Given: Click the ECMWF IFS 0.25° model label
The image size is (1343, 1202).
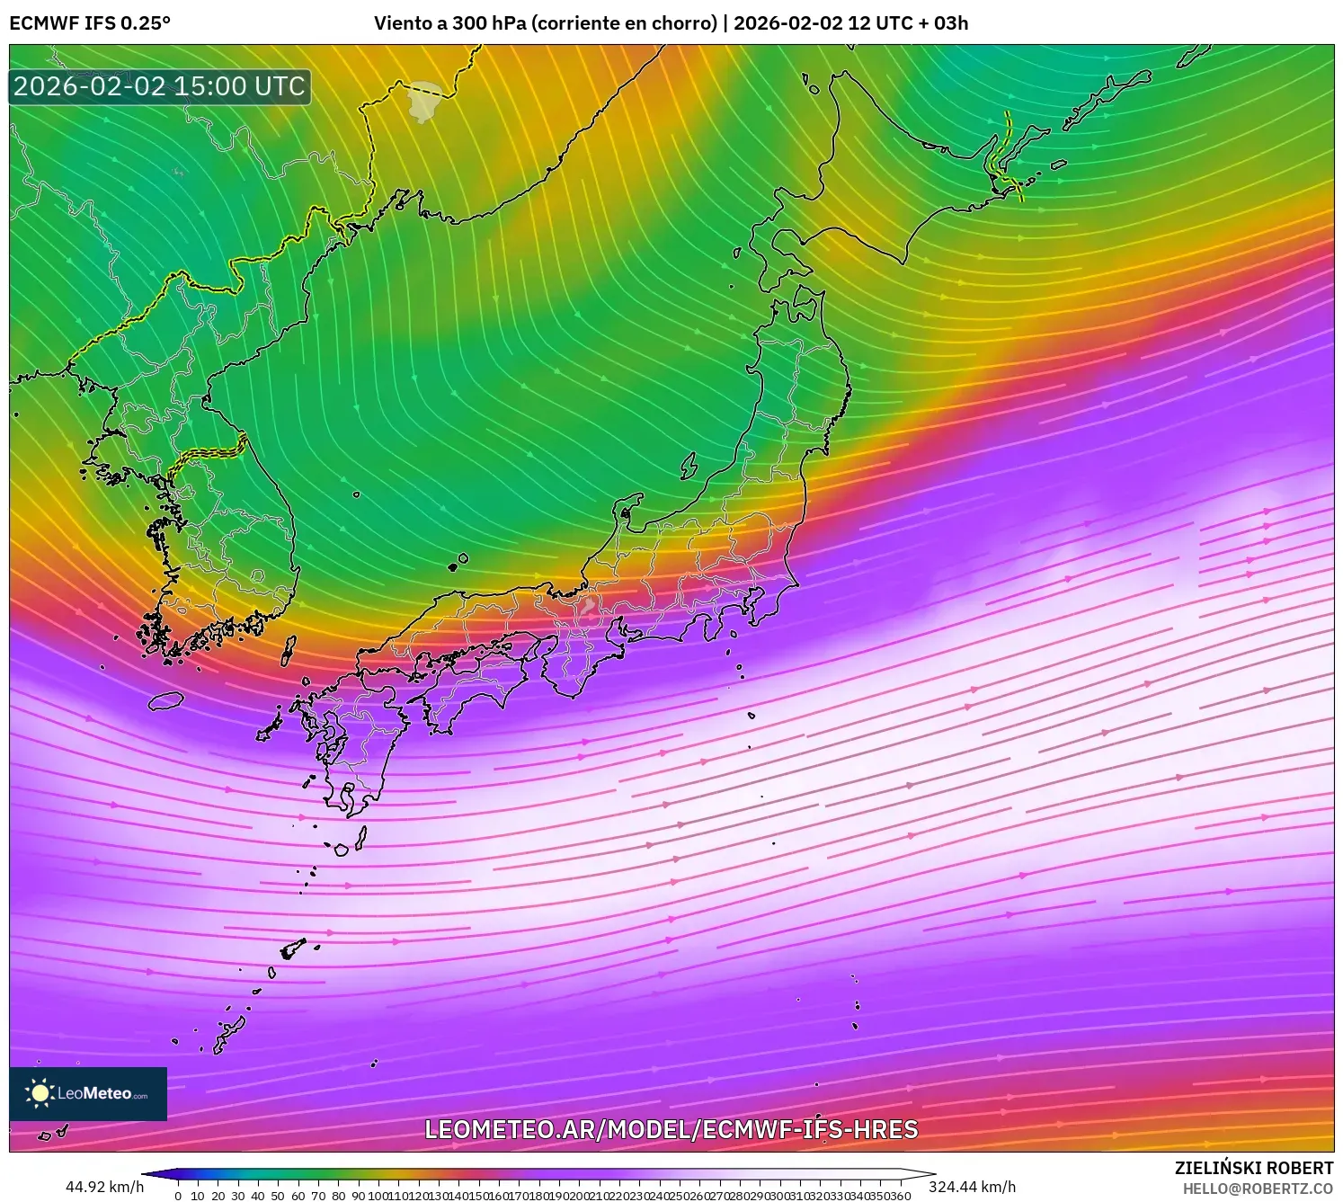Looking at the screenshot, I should coord(90,23).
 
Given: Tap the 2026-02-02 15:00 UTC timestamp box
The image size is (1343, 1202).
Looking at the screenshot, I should coord(160,86).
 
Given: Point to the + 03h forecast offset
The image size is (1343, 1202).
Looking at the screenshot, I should coord(944,23).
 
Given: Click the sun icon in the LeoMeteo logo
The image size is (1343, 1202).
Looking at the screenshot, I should coord(40,1093).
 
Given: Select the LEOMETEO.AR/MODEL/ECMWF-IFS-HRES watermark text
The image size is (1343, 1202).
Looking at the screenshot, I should coord(671,1130).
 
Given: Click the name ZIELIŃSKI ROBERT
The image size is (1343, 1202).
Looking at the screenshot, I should coord(1254,1168).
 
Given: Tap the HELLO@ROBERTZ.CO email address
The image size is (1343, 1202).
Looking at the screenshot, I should coord(1258,1189).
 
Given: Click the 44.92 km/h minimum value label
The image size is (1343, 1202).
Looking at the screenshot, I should coord(104,1187).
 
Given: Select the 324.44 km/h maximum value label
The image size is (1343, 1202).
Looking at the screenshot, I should coord(972,1187).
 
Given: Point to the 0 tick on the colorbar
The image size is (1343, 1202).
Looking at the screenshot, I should coord(178,1196).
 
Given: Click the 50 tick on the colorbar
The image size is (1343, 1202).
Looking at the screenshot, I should coord(278,1196).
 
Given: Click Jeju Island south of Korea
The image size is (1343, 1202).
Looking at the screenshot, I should coord(166,700).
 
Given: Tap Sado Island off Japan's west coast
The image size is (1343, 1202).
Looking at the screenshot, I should coord(689,466).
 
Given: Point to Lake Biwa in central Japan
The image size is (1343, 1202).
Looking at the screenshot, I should coord(588,610).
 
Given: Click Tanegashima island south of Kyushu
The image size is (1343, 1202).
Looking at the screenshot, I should coord(361,838).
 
